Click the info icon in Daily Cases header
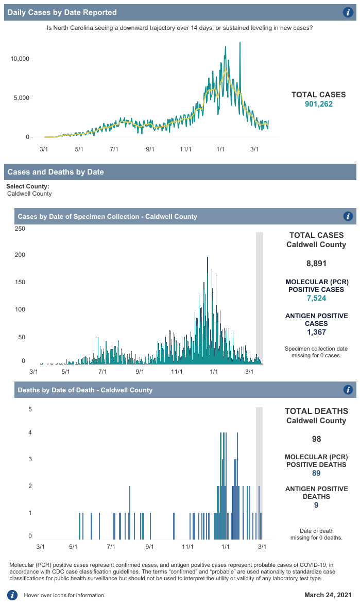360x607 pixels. [x=348, y=12]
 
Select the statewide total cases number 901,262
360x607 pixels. [x=319, y=104]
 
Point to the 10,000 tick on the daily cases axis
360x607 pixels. [x=21, y=59]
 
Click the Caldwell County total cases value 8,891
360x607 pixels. [x=316, y=264]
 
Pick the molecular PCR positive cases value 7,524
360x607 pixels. [x=316, y=298]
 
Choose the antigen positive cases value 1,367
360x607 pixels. [x=316, y=332]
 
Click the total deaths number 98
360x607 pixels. [x=316, y=439]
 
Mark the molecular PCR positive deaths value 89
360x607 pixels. [x=316, y=473]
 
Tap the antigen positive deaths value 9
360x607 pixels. [x=316, y=505]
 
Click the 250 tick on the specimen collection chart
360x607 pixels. [x=20, y=229]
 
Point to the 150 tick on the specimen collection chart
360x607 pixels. [x=20, y=283]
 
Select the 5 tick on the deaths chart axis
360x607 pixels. [x=30, y=410]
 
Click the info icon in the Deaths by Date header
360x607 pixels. [x=348, y=390]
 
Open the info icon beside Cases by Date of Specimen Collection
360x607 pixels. [x=348, y=216]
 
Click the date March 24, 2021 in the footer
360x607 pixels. [x=328, y=595]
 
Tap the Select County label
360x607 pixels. [x=28, y=186]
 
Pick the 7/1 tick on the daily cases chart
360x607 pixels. [x=114, y=149]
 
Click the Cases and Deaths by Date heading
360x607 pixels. [x=56, y=172]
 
